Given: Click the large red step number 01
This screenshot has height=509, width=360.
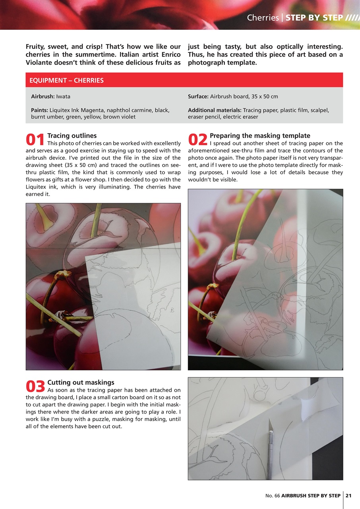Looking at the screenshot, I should pos(35,140).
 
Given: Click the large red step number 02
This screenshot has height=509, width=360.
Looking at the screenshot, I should pos(197,140).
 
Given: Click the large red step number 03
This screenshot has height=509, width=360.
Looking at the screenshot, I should pos(35,387).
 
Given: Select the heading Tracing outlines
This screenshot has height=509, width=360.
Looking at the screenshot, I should pos(72,136).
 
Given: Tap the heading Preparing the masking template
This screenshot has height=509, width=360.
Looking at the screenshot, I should pos(260,136).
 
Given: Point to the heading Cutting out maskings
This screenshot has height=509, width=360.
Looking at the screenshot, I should pos(81,383).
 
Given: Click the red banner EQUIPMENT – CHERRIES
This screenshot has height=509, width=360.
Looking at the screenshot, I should pos(66,80).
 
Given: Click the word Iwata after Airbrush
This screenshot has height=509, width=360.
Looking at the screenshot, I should pos(63,97).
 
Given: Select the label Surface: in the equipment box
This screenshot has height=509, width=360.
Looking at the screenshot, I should pos(198,97).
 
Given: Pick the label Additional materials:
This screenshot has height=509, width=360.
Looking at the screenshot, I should pos(215,110).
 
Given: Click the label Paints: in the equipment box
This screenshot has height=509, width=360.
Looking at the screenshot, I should pos(39,110).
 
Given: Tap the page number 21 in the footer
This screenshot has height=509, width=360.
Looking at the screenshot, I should pos(348,495).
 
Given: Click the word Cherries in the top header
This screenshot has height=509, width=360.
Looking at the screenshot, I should pos(263,18).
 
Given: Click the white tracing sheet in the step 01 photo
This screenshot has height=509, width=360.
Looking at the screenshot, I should pos(135,302).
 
